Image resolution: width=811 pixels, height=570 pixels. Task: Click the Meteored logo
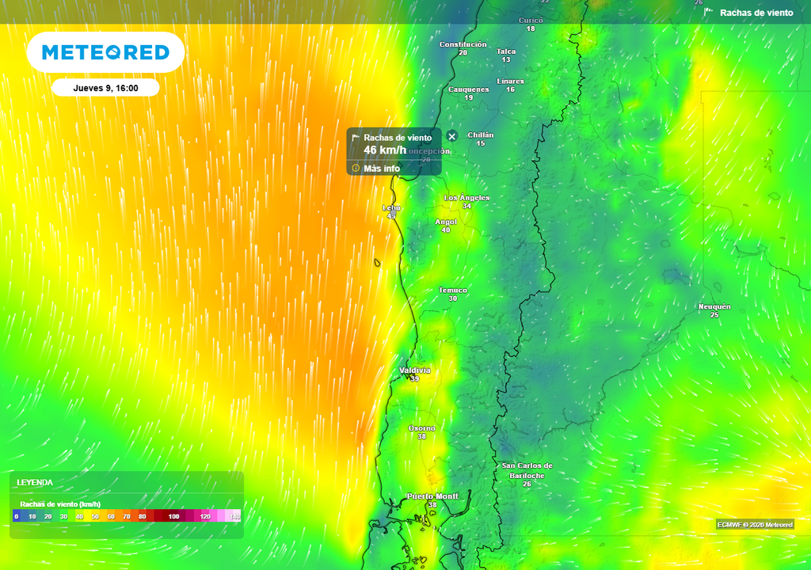click(x=105, y=52)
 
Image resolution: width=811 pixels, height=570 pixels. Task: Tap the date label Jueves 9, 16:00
click(x=105, y=88)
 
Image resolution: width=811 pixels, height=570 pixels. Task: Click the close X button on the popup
click(x=452, y=136)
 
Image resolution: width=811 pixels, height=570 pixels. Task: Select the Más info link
click(x=381, y=168)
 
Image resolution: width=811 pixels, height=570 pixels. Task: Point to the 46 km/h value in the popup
click(x=385, y=150)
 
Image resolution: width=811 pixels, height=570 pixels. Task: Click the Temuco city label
click(x=453, y=291)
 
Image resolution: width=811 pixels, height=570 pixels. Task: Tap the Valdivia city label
click(x=415, y=370)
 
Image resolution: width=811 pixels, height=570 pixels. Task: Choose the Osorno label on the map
click(x=421, y=428)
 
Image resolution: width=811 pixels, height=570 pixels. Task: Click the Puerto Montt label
click(x=432, y=496)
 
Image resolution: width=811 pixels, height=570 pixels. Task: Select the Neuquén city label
click(x=714, y=306)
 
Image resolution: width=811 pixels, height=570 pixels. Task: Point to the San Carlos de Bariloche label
click(x=527, y=470)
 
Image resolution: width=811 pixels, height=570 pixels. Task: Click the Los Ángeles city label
click(x=466, y=197)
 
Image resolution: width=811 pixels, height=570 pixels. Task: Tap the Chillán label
click(x=481, y=135)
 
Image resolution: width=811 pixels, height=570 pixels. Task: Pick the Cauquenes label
click(x=469, y=89)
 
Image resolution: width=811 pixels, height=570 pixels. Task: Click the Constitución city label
click(x=463, y=44)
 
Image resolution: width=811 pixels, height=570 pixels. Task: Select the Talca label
click(x=506, y=51)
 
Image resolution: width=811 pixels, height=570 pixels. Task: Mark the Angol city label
click(x=446, y=222)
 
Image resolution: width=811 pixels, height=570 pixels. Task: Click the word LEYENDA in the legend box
click(x=35, y=482)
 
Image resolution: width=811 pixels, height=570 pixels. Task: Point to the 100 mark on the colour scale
click(x=173, y=516)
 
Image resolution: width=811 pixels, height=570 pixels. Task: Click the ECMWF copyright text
click(x=755, y=524)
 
